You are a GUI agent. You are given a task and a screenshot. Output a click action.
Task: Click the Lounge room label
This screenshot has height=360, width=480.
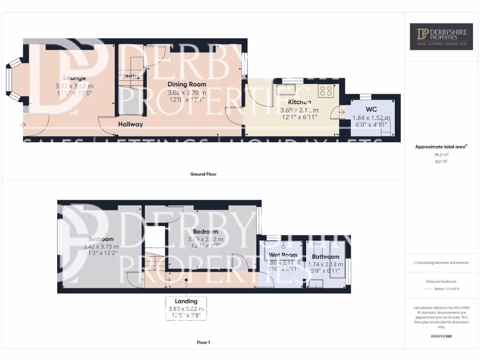tap(74, 78)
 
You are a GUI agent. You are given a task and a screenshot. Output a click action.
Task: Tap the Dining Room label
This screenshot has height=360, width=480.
tap(187, 84)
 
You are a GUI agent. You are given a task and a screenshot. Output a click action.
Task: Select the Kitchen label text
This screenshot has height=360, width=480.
tap(299, 102)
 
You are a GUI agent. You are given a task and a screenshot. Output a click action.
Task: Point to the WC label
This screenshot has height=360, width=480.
tap(371, 110)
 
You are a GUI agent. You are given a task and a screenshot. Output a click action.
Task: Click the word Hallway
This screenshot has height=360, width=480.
tap(130, 124)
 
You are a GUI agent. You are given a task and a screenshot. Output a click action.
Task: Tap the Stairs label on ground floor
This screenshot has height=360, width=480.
tap(131, 77)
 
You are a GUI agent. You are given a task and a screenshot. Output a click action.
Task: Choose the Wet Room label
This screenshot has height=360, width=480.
tap(283, 255)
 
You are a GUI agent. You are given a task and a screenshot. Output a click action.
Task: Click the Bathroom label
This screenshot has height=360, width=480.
tap(325, 257)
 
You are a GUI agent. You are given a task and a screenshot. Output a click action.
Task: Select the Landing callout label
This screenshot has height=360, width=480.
tap(186, 301)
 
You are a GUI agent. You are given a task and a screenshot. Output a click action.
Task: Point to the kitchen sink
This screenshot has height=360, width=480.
tap(285, 90)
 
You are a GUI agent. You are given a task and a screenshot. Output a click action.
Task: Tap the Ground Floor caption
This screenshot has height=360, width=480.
tap(203, 174)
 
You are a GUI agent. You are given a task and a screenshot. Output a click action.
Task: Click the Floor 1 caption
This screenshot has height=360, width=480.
tap(203, 343)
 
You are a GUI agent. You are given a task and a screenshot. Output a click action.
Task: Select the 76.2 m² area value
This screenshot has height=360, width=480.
tap(442, 154)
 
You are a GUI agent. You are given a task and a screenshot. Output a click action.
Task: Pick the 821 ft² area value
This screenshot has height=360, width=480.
tap(442, 161)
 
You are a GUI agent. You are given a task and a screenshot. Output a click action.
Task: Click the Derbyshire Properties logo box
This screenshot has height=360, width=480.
tap(442, 37)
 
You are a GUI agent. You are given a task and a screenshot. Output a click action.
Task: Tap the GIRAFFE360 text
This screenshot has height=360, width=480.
tap(442, 336)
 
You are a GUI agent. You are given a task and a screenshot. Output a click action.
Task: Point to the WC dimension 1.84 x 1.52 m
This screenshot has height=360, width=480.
tap(371, 118)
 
